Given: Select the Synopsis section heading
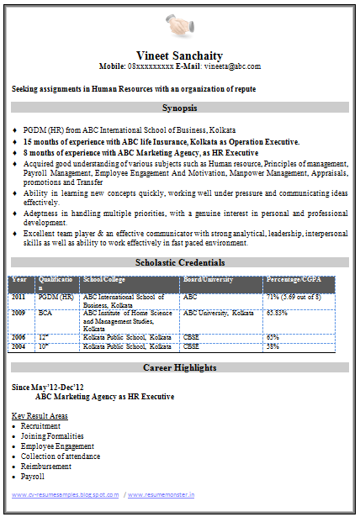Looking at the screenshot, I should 179,108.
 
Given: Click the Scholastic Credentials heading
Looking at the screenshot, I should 179,262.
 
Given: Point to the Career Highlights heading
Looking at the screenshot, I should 179,367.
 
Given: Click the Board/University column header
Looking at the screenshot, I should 209,279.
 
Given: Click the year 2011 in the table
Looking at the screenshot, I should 19,297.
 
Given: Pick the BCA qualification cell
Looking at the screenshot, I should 45,313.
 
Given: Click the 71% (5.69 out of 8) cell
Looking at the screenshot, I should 294,297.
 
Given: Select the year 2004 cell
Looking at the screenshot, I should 19,346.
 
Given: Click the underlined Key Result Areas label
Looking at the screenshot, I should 40,416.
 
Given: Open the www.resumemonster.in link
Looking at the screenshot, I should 162,495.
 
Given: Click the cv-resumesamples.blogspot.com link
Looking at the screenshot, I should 65,495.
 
